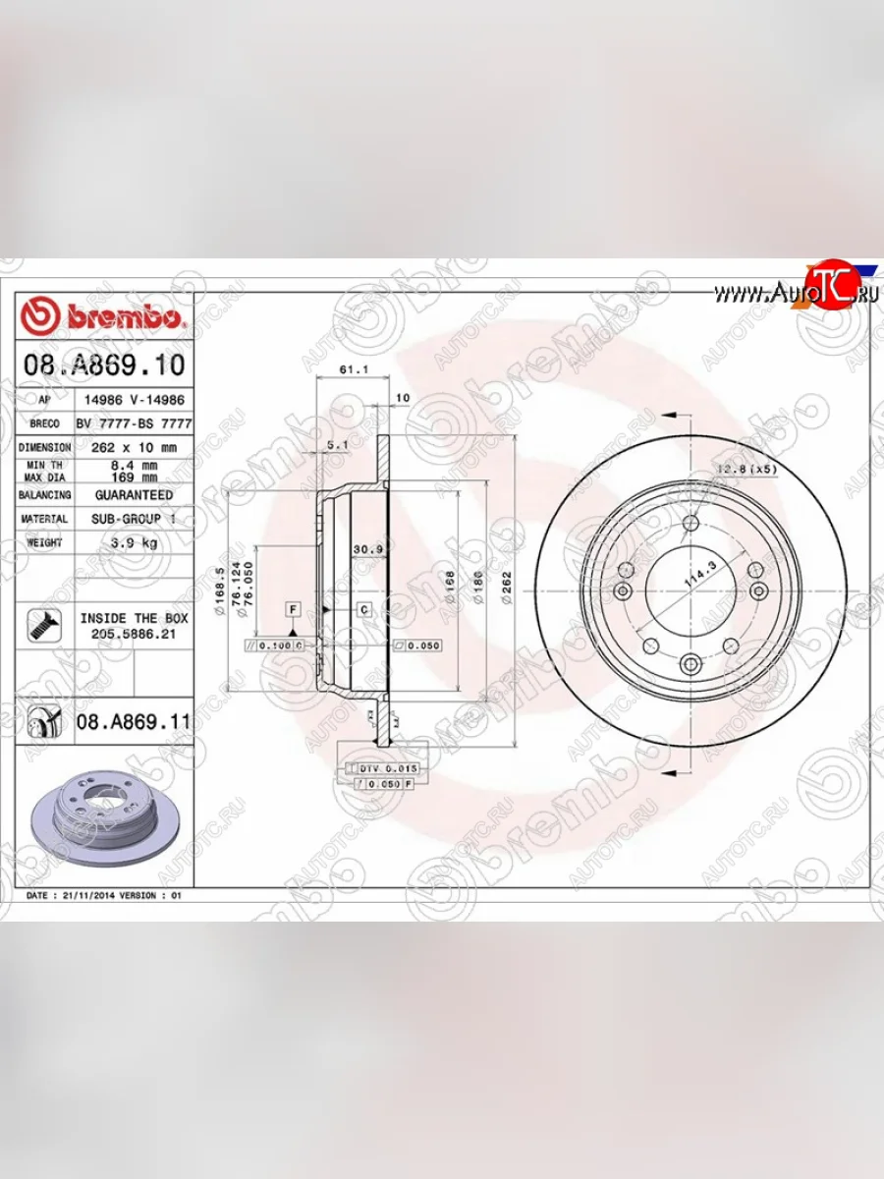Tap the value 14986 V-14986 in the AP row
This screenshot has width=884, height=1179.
pyautogui.click(x=134, y=401)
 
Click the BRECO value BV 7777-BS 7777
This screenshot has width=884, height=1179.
pyautogui.click(x=134, y=422)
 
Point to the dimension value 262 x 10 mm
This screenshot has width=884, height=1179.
pyautogui.click(x=134, y=446)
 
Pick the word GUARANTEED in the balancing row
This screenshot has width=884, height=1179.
pyautogui.click(x=134, y=495)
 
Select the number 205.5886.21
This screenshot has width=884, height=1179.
pyautogui.click(x=134, y=636)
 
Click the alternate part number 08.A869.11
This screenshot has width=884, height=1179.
pyautogui.click(x=132, y=722)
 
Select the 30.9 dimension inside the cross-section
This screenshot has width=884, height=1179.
pyautogui.click(x=366, y=548)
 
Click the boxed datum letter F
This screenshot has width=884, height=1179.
pyautogui.click(x=293, y=609)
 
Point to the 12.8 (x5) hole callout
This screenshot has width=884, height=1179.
pyautogui.click(x=746, y=469)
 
